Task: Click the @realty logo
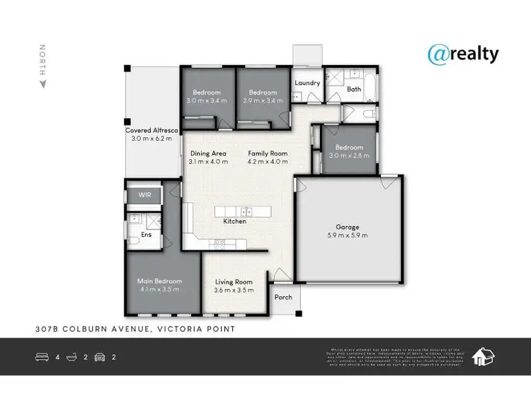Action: click(463, 54)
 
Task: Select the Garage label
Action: click(347, 226)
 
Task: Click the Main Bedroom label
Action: click(159, 281)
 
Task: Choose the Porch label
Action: click(283, 298)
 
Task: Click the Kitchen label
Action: click(234, 221)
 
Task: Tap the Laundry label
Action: click(307, 83)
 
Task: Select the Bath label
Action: click(353, 89)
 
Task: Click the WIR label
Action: click(144, 194)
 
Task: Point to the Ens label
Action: click(147, 234)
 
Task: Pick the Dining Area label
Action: click(208, 153)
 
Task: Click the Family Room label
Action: click(267, 153)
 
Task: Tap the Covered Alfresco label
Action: click(152, 131)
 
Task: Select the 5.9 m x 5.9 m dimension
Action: click(347, 235)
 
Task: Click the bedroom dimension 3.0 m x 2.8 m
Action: click(350, 156)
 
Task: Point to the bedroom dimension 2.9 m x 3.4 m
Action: click(262, 101)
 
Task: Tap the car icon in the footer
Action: click(99, 357)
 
